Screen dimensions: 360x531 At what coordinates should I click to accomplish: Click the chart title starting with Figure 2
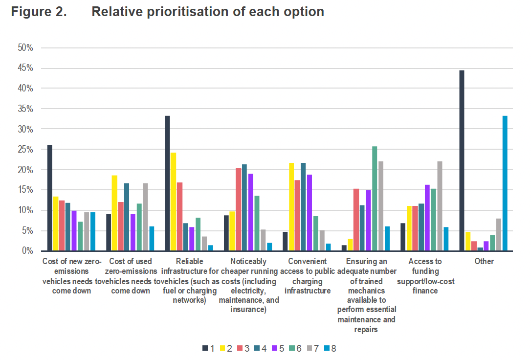point(167,12)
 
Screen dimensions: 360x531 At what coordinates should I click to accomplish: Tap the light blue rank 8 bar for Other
point(505,183)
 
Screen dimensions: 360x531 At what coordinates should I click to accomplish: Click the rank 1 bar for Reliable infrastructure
point(167,183)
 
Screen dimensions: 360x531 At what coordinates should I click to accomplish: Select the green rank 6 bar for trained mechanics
point(375,199)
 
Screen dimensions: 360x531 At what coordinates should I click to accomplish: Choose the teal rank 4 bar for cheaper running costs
point(244,207)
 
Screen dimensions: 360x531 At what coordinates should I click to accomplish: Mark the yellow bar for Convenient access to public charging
point(291,206)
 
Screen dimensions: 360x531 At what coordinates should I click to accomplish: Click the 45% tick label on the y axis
point(25,68)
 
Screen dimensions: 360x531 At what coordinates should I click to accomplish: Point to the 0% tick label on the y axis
point(27,251)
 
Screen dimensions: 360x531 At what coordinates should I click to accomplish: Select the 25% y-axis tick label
point(25,150)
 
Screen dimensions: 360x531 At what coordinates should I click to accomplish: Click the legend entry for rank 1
point(208,348)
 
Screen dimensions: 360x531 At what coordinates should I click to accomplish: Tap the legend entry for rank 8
point(330,348)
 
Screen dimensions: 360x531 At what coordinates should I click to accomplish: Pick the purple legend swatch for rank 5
point(275,348)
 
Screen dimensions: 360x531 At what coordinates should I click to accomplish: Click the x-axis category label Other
point(484,261)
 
